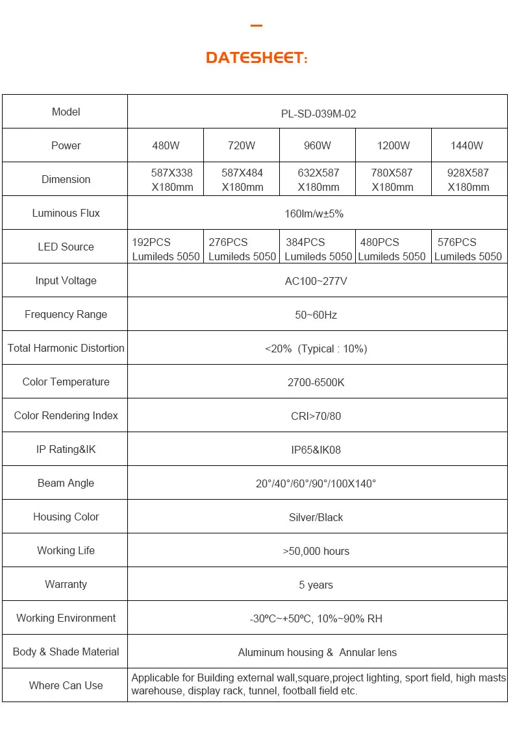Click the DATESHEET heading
click(256, 58)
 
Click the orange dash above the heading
click(256, 26)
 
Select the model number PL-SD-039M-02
click(318, 114)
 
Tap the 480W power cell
click(166, 145)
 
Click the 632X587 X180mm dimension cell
click(318, 180)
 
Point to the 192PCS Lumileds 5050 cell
click(166, 249)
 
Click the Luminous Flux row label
click(66, 213)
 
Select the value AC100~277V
click(316, 281)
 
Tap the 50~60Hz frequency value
click(316, 315)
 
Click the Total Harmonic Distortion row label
click(66, 348)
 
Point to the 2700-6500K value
click(316, 382)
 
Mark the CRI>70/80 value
click(316, 416)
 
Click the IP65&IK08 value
click(316, 450)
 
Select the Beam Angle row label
click(66, 483)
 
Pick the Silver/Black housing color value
click(316, 517)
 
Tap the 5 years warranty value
click(316, 585)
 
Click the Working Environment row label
click(66, 618)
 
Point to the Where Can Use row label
click(66, 685)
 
